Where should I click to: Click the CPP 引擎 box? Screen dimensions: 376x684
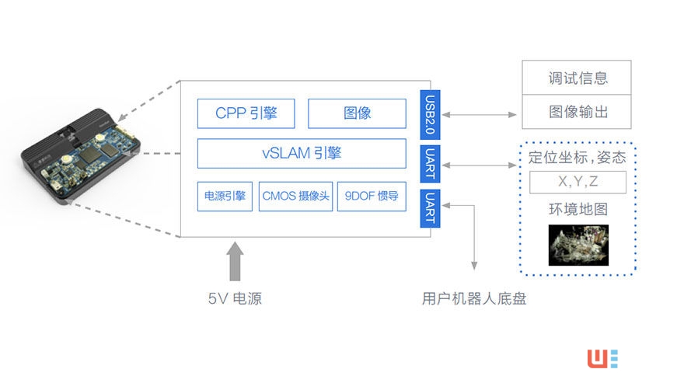[x=247, y=113]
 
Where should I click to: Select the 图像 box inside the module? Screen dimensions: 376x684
[x=357, y=113]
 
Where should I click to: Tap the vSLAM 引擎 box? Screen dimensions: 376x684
[x=302, y=153]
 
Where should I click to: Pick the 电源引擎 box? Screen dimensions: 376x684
[x=225, y=197]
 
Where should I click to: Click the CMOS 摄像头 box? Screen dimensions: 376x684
[x=295, y=197]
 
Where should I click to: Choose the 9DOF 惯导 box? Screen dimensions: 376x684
[x=372, y=197]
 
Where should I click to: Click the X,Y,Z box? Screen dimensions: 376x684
[x=578, y=183]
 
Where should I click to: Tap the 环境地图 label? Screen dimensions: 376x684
[x=578, y=210]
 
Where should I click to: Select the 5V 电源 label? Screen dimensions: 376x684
[x=235, y=298]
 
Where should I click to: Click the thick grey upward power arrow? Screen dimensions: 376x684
[x=236, y=263]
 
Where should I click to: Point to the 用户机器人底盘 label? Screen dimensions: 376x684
[x=474, y=298]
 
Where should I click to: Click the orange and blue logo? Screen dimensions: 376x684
[x=602, y=358]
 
